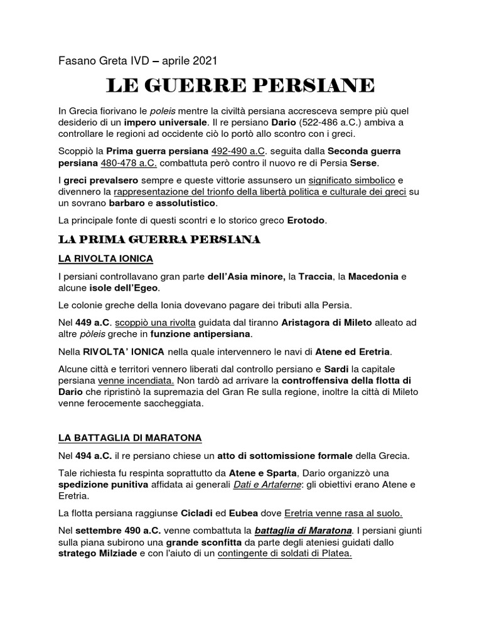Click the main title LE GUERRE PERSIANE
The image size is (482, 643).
click(240, 85)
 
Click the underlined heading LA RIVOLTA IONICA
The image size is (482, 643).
click(105, 259)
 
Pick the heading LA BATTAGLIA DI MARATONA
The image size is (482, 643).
click(122, 437)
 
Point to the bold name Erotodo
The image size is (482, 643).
click(308, 220)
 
